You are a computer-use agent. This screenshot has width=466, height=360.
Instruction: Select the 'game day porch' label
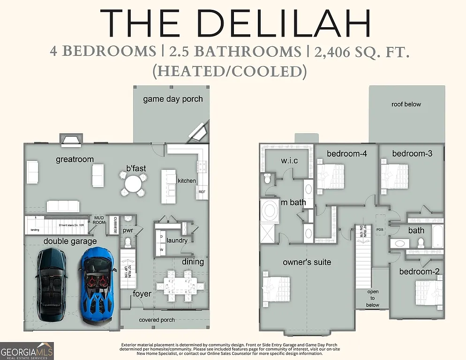coord(173,99)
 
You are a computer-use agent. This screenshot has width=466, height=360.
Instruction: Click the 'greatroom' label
coord(75,159)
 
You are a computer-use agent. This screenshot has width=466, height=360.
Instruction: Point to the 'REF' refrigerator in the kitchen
coord(202,192)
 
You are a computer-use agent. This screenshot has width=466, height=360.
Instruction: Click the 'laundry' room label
coord(177,240)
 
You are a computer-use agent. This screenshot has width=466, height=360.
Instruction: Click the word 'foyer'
coord(142,294)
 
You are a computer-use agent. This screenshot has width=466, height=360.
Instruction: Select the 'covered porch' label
coord(157,320)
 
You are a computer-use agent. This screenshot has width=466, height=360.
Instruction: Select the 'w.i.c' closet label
coord(289,161)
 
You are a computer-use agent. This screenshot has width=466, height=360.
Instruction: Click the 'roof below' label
coord(406,104)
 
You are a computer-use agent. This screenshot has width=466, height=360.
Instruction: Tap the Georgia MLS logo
coord(27,351)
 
